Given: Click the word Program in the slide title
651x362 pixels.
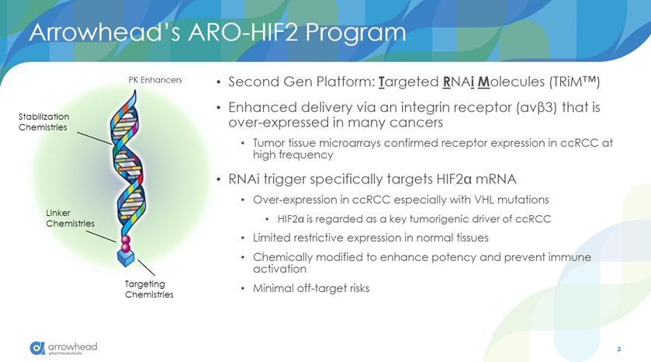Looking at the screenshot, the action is click(x=356, y=33).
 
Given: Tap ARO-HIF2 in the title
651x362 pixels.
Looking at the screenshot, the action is click(x=243, y=32).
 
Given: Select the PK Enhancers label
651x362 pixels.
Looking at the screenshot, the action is click(x=155, y=80).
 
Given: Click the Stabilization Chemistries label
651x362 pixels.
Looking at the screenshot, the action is click(x=43, y=122).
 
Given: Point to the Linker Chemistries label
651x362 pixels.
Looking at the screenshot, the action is click(x=70, y=218).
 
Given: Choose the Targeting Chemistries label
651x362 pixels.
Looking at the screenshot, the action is click(x=149, y=289).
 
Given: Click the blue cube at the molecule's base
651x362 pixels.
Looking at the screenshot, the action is click(x=126, y=258).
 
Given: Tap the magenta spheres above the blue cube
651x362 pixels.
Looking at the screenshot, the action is click(x=126, y=244).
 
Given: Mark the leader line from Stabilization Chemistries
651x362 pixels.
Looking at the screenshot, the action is click(x=95, y=138).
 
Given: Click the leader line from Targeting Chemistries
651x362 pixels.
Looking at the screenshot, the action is click(x=146, y=268).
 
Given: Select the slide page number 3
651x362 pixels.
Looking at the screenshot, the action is click(x=618, y=349).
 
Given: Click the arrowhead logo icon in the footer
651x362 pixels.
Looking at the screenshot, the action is click(x=37, y=348).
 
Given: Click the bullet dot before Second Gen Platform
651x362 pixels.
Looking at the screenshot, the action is click(x=219, y=82).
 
